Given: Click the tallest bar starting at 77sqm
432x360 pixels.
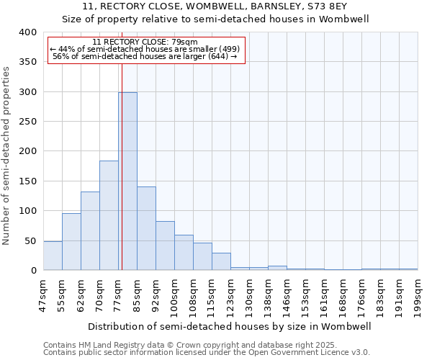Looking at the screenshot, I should [x=127, y=181].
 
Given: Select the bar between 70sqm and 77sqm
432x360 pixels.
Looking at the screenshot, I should [x=109, y=215].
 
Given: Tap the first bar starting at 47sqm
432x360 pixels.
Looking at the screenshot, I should [x=53, y=256].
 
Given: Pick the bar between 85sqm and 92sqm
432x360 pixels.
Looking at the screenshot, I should [x=146, y=228].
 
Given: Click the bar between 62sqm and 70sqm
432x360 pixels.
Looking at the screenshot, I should [x=90, y=230].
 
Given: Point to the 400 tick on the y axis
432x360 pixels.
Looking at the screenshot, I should [x=28, y=32].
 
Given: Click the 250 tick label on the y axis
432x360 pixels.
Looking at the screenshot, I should [x=28, y=122].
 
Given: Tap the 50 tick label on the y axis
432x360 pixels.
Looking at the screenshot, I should [x=31, y=240].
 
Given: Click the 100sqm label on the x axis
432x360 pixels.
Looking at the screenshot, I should [x=175, y=295].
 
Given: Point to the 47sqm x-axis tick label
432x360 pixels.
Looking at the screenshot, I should [x=44, y=295].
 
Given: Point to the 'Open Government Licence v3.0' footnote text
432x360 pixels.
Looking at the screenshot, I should [x=310, y=352].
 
